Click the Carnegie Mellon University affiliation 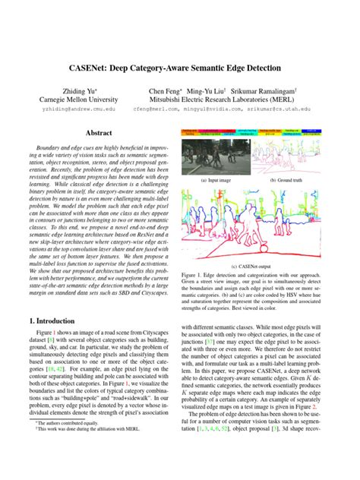pos(78,99)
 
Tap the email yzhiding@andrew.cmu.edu pos(78,109)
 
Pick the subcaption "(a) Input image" pos(213,182)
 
